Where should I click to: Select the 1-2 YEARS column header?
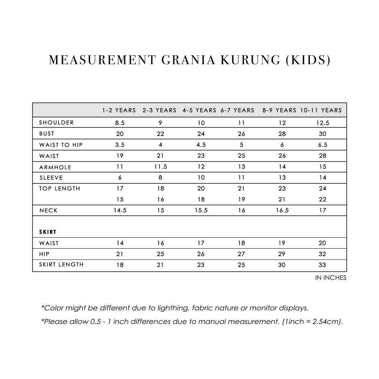point(119,110)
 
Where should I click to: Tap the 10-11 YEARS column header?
point(321,110)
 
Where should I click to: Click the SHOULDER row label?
point(56,122)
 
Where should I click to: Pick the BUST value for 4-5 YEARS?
point(201,134)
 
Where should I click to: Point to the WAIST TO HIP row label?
point(61,145)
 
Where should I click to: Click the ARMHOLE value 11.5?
point(161,167)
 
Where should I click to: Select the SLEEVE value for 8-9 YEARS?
point(282,178)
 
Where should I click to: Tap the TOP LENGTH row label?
point(60,188)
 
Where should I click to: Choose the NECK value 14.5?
point(120,211)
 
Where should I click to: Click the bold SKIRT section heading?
point(48,232)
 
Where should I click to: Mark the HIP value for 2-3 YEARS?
point(161,254)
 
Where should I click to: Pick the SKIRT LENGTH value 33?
point(323,265)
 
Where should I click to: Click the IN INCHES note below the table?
point(330,278)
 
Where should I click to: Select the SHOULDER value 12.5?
point(323,123)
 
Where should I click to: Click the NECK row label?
point(49,211)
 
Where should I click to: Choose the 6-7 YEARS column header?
point(237,110)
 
